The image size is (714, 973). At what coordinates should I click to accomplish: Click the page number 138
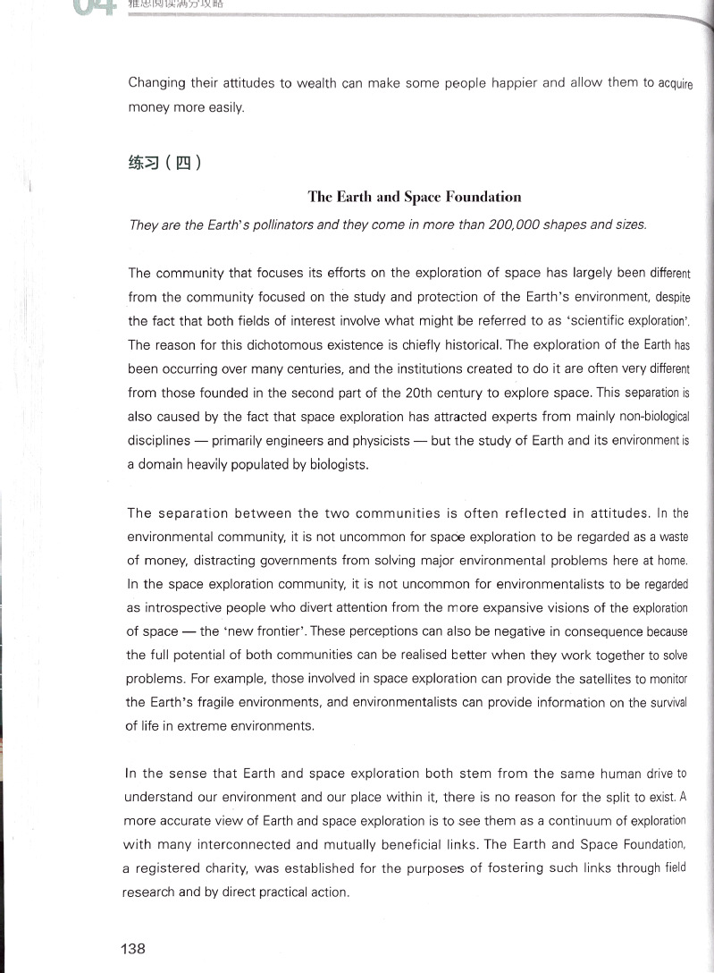[133, 949]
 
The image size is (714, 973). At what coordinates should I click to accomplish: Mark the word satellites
[574, 680]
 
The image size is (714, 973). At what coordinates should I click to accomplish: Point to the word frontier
[267, 631]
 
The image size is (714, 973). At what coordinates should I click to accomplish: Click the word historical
[467, 344]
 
